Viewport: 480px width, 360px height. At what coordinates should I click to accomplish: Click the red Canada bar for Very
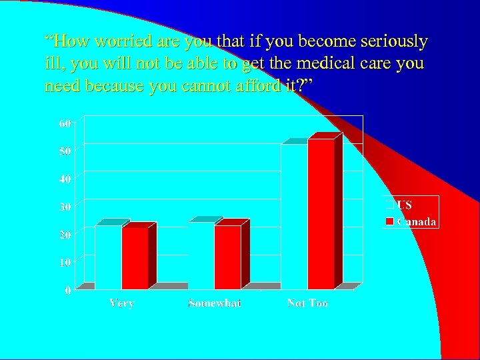tap(135, 258)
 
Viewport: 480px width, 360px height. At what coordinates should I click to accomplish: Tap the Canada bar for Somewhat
tap(227, 257)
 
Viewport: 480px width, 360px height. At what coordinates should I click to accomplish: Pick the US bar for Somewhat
tap(201, 256)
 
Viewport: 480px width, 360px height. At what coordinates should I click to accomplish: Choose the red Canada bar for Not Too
tap(321, 214)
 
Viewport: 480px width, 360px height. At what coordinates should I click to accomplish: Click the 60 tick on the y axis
tap(65, 123)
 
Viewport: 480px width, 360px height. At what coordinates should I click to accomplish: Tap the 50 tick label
tap(65, 151)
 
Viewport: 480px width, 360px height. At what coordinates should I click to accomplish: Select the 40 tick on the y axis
tap(65, 179)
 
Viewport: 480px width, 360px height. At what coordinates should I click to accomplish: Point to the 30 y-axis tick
tap(65, 207)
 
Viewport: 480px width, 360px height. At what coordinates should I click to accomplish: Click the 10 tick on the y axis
tap(65, 262)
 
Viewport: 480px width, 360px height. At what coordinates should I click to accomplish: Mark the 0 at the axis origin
tap(69, 290)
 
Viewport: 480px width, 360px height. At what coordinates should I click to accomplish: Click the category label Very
tap(121, 303)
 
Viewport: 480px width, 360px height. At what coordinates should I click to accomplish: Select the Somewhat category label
tap(215, 303)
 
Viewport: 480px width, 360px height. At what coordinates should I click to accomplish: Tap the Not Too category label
tap(307, 303)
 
